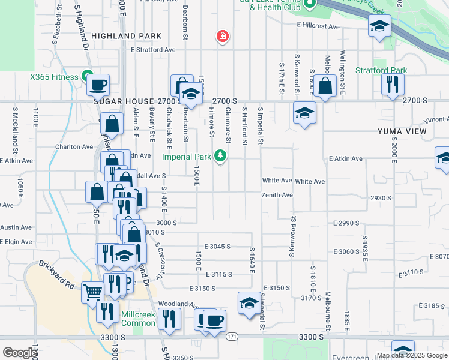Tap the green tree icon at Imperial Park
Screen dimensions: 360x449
pos(221,157)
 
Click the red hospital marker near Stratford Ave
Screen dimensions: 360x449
pos(223,37)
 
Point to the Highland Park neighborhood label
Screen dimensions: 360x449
pos(127,36)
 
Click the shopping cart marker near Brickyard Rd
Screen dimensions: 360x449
pos(93,293)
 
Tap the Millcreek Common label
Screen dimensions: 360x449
pos(139,318)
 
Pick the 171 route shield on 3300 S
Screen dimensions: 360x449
pos(232,337)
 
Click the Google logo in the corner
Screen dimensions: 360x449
pos(20,353)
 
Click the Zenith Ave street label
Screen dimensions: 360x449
pos(277,195)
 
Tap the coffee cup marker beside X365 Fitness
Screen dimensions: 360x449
pos(98,84)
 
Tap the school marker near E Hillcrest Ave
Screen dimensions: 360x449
pos(379,26)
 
